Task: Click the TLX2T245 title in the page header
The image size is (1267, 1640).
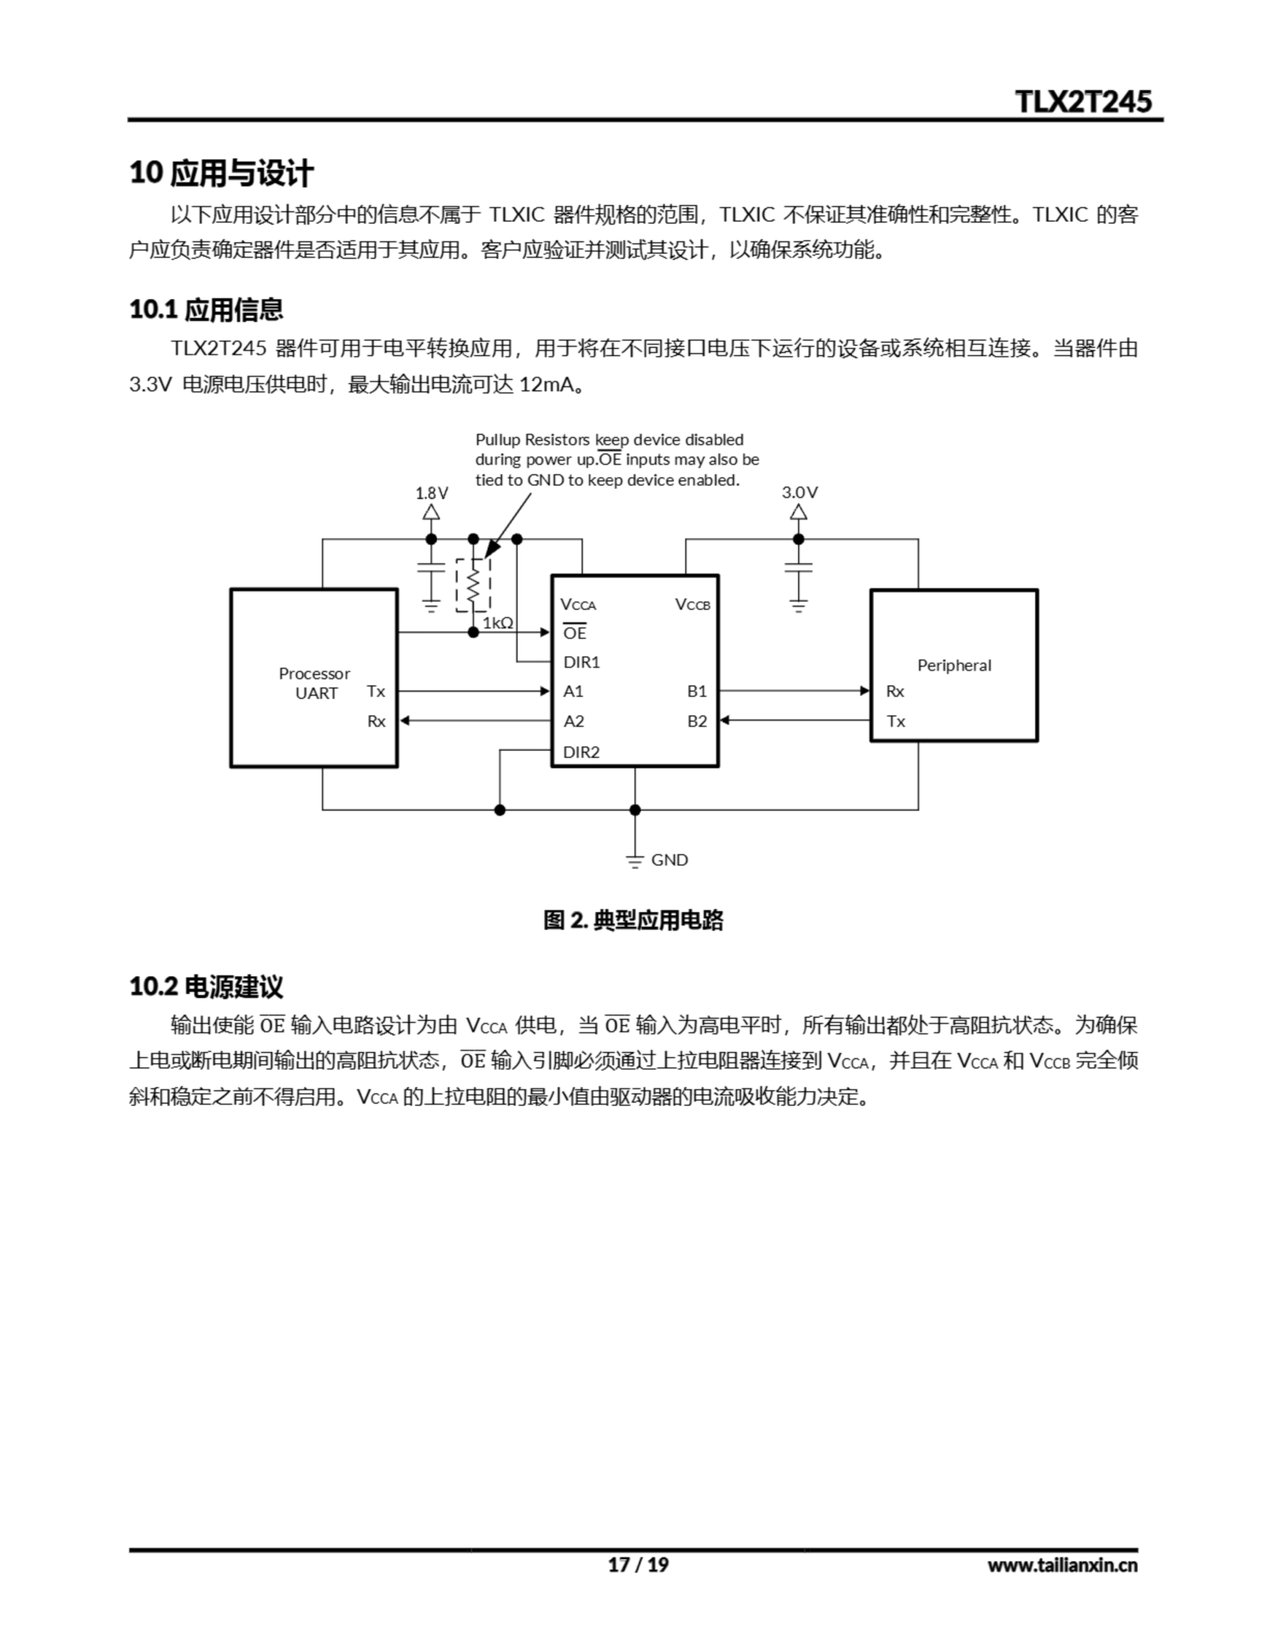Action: click(1083, 101)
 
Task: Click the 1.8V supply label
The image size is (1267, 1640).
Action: click(432, 493)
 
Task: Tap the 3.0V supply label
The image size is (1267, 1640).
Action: click(799, 493)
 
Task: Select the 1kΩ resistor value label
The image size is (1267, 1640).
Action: click(498, 623)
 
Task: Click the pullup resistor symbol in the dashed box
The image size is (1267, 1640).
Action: click(473, 585)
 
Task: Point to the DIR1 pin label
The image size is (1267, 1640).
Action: click(582, 662)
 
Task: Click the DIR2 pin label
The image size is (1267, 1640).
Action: click(582, 751)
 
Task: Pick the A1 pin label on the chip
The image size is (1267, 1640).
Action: click(573, 691)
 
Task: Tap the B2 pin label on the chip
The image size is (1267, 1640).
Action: click(697, 721)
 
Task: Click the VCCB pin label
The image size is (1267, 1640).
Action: click(692, 605)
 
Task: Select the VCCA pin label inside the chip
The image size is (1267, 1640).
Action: click(578, 605)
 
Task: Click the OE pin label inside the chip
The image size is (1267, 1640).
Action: click(575, 633)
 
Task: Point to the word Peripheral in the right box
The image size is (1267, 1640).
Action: click(954, 666)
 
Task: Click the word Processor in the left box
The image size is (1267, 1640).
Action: click(314, 673)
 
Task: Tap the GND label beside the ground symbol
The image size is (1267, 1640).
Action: click(669, 860)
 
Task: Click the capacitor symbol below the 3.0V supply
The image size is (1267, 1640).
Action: click(798, 567)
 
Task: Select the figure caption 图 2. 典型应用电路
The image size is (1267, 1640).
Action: click(633, 920)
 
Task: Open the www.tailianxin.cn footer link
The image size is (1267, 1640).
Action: click(1062, 1565)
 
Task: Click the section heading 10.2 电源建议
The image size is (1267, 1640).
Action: click(206, 987)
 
